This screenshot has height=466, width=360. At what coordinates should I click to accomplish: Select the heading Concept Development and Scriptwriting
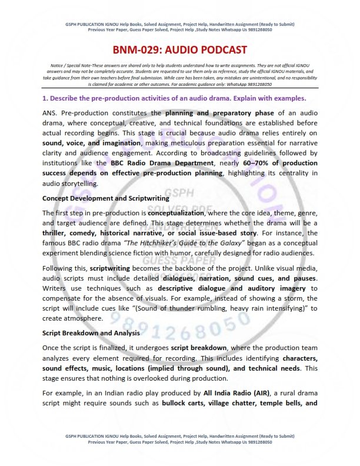click(x=106, y=198)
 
